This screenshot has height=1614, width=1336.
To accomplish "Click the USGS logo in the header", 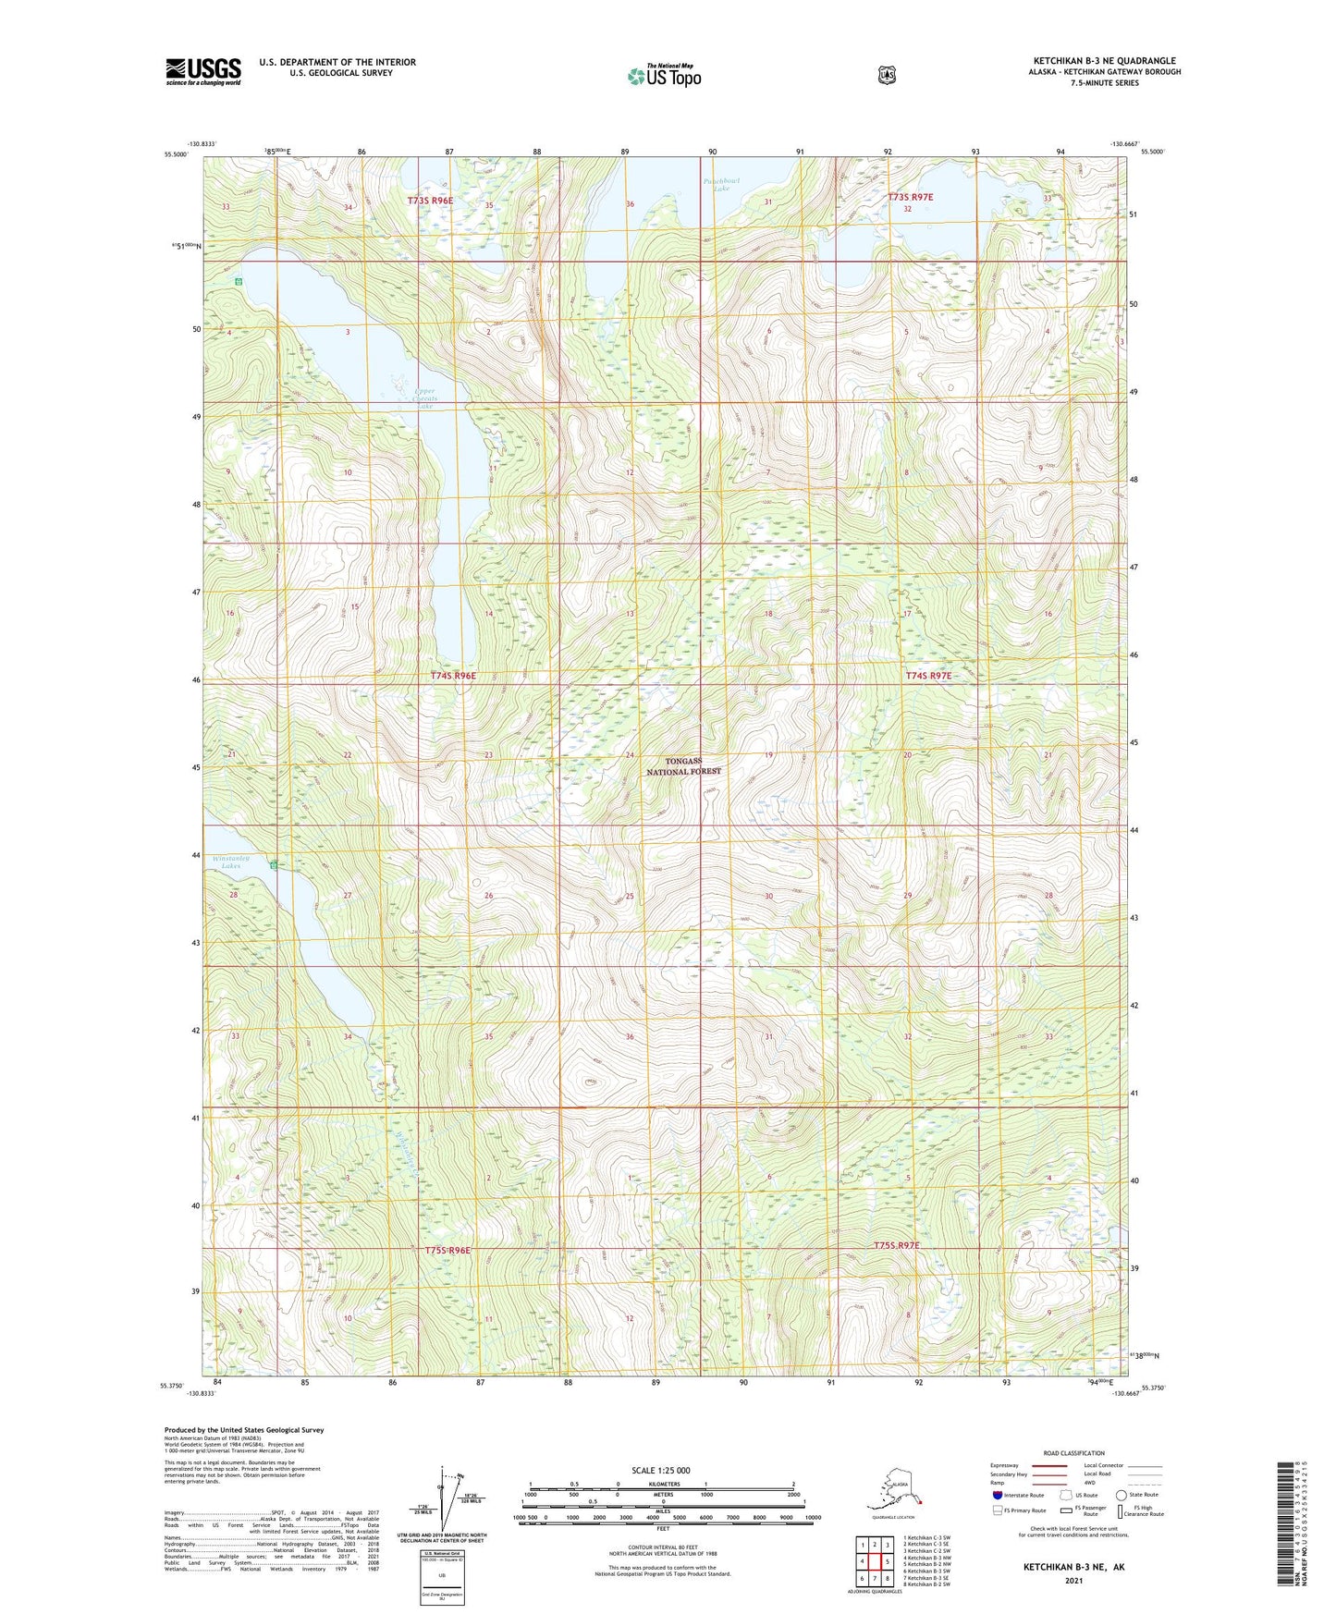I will tap(203, 71).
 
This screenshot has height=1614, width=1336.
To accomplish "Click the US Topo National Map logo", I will tap(664, 76).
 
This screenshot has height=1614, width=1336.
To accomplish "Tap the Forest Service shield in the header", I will tap(887, 75).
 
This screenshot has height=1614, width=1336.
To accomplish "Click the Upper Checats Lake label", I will tap(424, 397).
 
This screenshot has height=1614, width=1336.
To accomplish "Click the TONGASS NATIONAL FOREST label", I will tap(683, 765).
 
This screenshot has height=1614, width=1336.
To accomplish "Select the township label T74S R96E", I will tap(453, 676).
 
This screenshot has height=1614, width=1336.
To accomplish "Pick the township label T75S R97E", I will tap(897, 1245).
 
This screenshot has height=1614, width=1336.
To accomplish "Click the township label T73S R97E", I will tap(911, 197).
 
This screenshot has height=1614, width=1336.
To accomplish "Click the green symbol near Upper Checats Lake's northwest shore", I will tap(239, 280).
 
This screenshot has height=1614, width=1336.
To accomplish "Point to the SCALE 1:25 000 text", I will tap(660, 1471).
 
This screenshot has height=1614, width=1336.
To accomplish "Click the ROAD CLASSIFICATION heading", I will tap(1072, 1453).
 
